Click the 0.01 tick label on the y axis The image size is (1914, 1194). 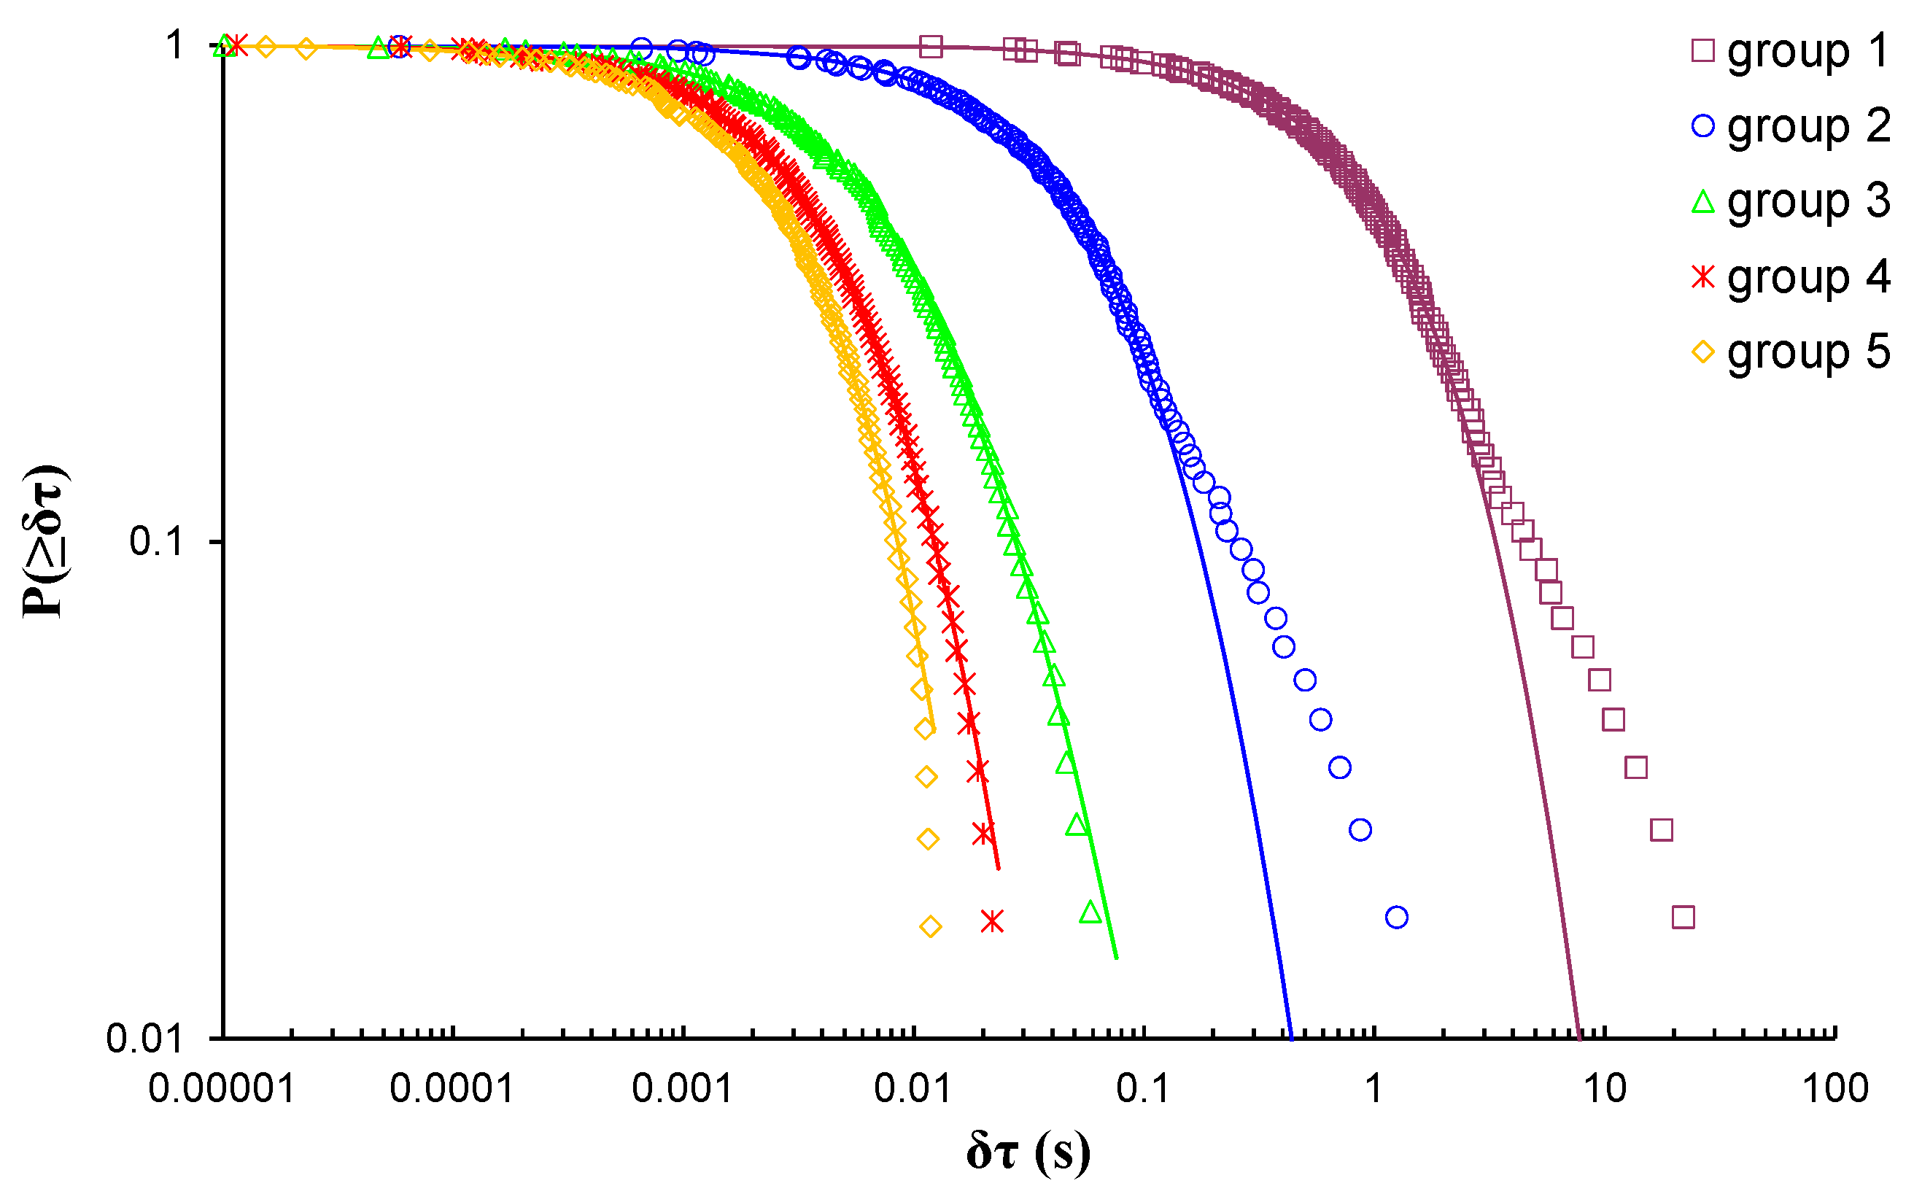144,1039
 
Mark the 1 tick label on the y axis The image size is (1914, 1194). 174,46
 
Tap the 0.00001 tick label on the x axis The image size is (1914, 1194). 222,1089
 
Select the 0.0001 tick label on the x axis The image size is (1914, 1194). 452,1089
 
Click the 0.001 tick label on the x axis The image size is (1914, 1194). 683,1089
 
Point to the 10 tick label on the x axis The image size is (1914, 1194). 1605,1089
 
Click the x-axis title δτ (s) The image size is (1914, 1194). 1028,1152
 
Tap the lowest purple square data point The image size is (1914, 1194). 1684,917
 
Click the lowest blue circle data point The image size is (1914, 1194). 1397,917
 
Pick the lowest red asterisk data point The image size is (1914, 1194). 993,920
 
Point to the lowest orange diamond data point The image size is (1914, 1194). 931,926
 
